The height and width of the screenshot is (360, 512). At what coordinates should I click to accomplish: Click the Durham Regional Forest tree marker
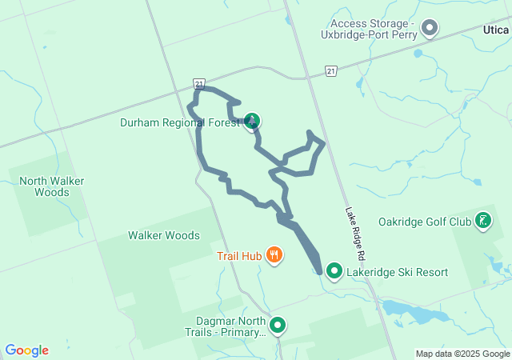point(252,122)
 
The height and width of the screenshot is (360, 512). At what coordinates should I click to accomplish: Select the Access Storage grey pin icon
point(430,29)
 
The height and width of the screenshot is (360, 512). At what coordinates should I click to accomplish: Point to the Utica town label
point(496,30)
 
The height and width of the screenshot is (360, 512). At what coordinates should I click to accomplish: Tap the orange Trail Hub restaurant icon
point(274,255)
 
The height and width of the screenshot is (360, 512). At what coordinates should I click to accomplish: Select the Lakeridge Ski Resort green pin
point(334,272)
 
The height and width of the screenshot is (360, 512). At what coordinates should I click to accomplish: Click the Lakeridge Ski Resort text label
point(397,273)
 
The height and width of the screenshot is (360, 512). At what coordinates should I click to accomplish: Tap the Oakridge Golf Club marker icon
point(483,220)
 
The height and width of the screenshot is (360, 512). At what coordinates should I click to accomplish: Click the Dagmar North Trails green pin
point(278,325)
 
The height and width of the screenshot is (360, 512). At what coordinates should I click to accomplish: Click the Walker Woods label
point(164,235)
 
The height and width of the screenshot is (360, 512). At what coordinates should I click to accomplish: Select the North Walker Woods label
point(52,186)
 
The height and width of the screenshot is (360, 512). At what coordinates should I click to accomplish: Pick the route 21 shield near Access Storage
point(331,72)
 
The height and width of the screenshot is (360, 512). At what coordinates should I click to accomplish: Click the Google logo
point(26,350)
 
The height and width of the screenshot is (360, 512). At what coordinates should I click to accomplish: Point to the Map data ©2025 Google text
point(462,354)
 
